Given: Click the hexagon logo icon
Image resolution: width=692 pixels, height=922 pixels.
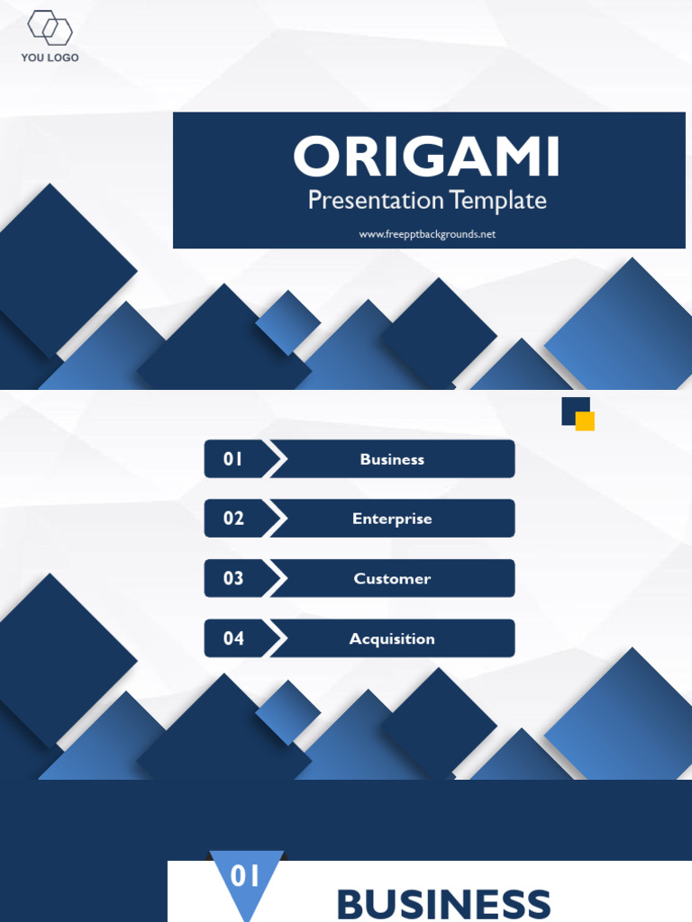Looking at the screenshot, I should click(50, 28).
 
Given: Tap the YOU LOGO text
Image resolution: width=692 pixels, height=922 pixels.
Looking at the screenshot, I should click(50, 58).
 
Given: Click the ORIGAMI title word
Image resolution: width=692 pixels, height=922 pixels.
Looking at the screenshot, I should click(426, 158).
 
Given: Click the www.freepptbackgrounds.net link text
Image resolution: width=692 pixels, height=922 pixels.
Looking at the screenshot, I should click(427, 234).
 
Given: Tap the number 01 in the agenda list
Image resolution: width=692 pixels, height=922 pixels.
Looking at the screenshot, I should click(233, 459).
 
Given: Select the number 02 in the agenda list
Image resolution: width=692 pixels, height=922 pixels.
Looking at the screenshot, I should click(233, 519).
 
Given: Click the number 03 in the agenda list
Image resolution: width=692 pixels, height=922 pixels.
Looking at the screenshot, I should click(233, 579).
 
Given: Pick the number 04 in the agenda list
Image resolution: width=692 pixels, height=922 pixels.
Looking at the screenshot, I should click(233, 638).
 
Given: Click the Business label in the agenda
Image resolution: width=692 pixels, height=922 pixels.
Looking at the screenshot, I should click(392, 459).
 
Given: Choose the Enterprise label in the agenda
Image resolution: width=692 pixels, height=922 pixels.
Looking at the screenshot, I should click(392, 519).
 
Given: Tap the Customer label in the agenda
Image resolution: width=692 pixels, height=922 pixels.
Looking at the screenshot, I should click(392, 579).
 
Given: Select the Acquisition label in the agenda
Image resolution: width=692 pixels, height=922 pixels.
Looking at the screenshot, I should click(392, 639).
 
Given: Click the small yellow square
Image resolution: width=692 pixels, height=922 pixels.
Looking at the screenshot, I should click(586, 421).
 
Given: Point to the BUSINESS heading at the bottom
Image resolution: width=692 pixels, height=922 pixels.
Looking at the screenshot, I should click(443, 903).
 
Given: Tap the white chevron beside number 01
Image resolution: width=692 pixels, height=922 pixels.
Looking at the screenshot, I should click(278, 459).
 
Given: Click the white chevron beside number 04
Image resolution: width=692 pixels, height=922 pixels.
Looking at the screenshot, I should click(278, 638).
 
